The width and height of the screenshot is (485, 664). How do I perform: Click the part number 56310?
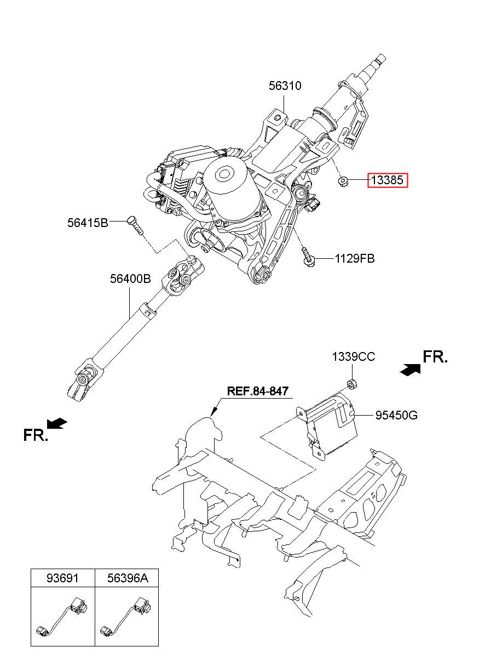pyautogui.click(x=285, y=86)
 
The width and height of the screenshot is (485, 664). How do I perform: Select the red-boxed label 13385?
pyautogui.click(x=388, y=180)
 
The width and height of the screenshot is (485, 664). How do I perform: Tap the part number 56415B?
pyautogui.click(x=88, y=222)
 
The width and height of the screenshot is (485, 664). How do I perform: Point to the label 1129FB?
pyautogui.click(x=355, y=258)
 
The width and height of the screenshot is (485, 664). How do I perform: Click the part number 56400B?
pyautogui.click(x=130, y=279)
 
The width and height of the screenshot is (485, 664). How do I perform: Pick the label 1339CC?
pyautogui.click(x=353, y=356)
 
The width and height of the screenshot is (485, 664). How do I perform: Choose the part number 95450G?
pyautogui.click(x=396, y=415)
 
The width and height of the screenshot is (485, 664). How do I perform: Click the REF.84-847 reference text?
pyautogui.click(x=257, y=391)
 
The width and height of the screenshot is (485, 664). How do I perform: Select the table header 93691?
pyautogui.click(x=62, y=578)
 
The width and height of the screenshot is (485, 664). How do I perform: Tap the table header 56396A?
pyautogui.click(x=128, y=578)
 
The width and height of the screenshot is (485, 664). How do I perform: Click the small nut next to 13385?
pyautogui.click(x=343, y=180)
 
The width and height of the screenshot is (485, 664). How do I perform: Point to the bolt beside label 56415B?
pyautogui.click(x=136, y=226)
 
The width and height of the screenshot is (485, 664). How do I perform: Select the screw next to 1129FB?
pyautogui.click(x=308, y=258)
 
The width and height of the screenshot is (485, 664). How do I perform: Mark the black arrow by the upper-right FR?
pyautogui.click(x=410, y=370)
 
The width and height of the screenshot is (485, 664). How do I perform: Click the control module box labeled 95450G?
pyautogui.click(x=328, y=425)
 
